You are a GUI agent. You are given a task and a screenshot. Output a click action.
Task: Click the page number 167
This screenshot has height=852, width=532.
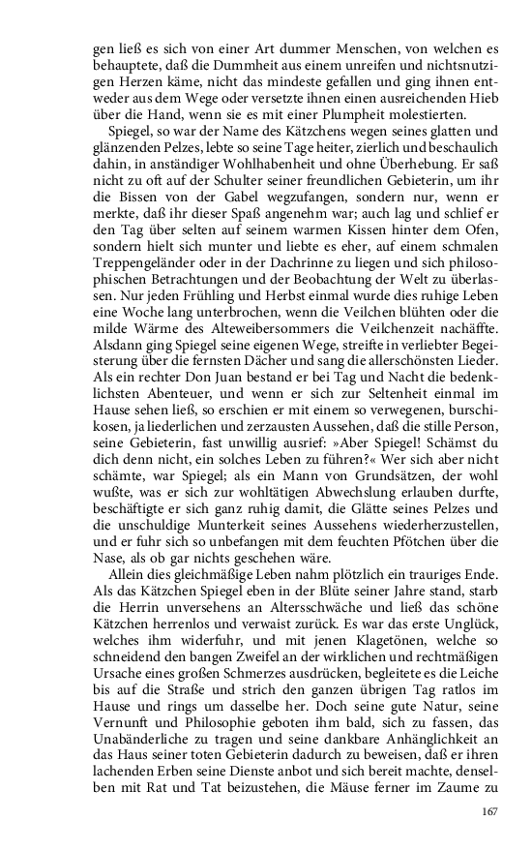click(x=488, y=810)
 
